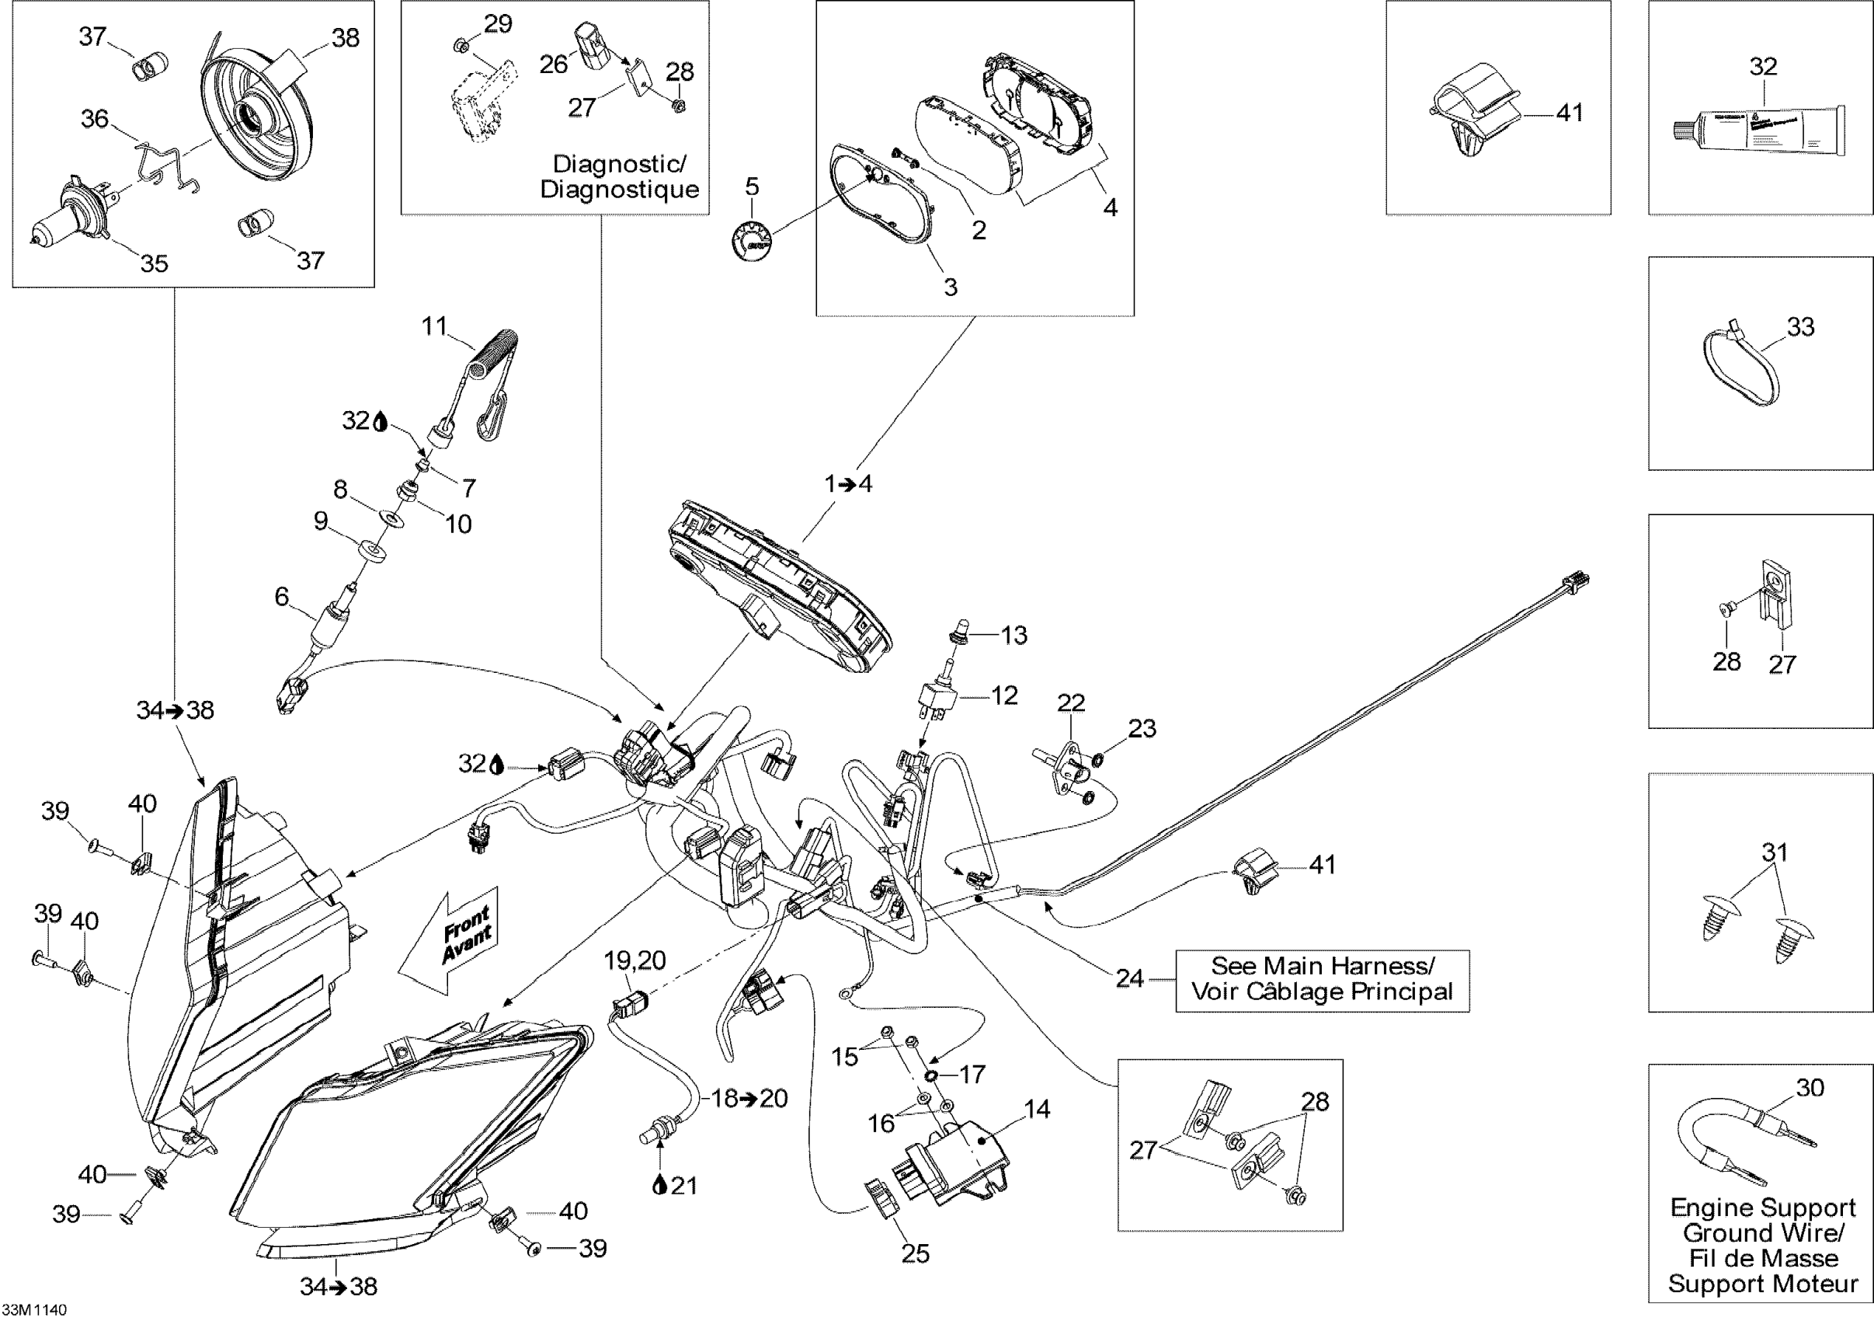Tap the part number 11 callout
click(x=434, y=326)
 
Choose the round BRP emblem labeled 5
click(x=751, y=241)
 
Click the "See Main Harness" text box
click(x=1323, y=980)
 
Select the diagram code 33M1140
click(x=34, y=1309)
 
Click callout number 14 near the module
click(x=1037, y=1109)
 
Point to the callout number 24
click(x=1130, y=978)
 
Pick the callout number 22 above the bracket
click(x=1071, y=703)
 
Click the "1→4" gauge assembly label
click(x=848, y=484)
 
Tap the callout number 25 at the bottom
click(x=915, y=1254)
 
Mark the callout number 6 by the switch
click(x=282, y=597)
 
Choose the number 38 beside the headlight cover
click(x=346, y=37)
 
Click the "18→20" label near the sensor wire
click(x=749, y=1098)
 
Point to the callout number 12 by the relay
click(x=1004, y=695)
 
